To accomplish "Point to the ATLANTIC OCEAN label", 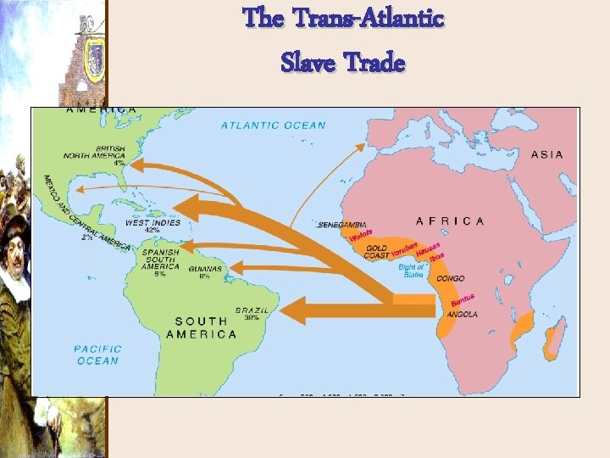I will coord(273,126).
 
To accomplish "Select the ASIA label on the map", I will coord(547,154).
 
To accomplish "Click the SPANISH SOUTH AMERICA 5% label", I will coord(160,261).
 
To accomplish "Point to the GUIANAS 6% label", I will coord(205,272).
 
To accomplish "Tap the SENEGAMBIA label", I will coord(341,226).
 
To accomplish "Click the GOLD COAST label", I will coord(376,251).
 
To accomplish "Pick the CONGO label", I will coord(451,277).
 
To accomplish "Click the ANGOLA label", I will coord(462,314).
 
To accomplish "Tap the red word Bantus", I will coord(463,299).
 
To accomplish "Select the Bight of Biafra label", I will coord(412,271).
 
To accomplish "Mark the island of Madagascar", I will coord(554,339).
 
